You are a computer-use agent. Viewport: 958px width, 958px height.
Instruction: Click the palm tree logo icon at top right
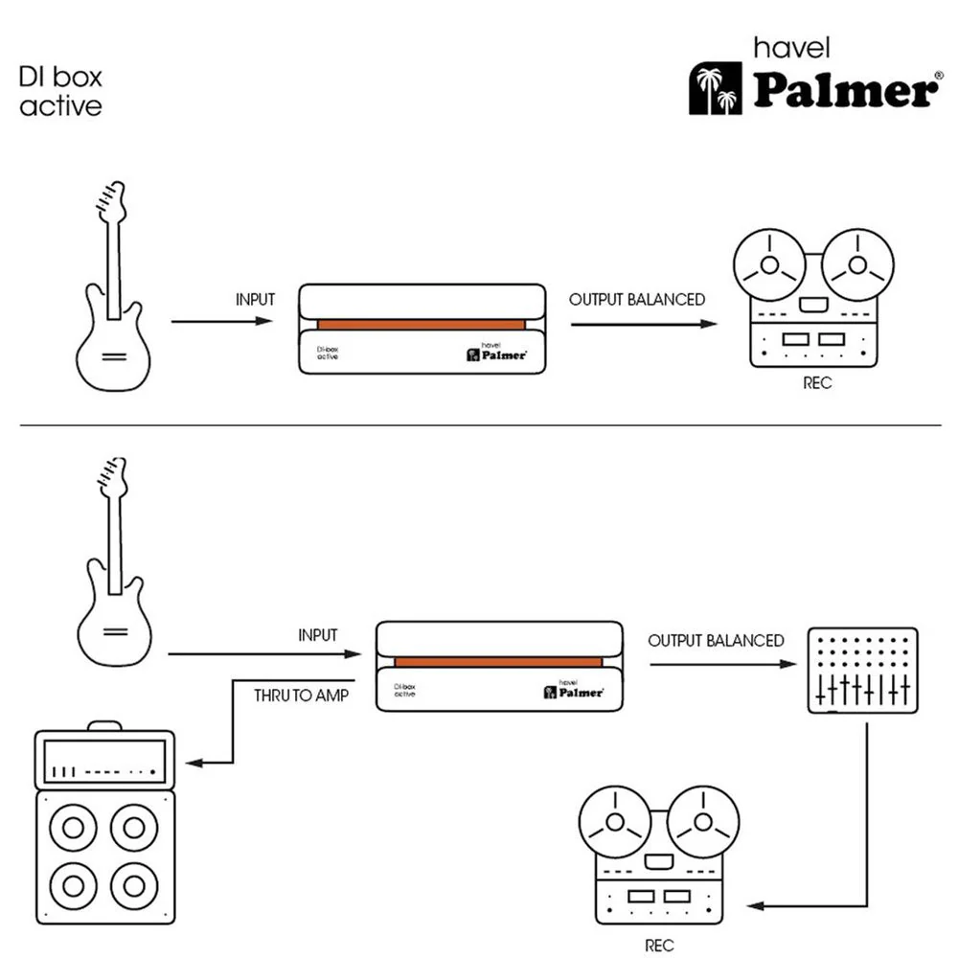[716, 88]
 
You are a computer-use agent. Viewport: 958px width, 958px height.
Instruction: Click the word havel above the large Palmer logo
[792, 48]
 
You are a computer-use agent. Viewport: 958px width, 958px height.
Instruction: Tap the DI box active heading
[60, 91]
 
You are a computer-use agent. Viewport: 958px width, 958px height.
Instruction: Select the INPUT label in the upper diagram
[256, 299]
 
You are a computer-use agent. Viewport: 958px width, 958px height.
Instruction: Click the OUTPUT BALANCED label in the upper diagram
[637, 299]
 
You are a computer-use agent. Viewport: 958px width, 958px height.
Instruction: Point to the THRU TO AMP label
[301, 696]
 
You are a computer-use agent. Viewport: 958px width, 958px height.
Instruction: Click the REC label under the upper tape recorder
[817, 383]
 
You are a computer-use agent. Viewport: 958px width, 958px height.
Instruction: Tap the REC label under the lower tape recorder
[659, 946]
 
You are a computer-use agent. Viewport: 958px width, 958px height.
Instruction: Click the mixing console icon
[863, 671]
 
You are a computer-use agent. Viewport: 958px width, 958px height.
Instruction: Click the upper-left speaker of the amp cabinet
[74, 828]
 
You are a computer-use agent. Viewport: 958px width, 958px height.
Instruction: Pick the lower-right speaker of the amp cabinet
[134, 885]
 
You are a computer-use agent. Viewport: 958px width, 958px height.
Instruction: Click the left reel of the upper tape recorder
[770, 265]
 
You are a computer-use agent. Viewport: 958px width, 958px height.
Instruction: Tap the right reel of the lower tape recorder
[703, 822]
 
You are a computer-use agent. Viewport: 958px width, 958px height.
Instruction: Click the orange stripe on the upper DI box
[421, 325]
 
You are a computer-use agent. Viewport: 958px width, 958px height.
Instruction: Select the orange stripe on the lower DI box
[498, 662]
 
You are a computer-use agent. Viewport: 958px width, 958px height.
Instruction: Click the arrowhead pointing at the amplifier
[194, 763]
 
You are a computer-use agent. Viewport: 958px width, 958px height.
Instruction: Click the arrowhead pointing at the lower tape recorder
[756, 905]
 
